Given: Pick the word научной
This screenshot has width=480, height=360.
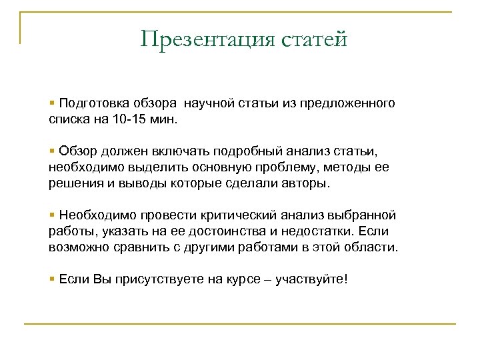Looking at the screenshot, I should (213, 103).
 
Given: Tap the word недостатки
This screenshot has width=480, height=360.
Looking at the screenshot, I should (319, 231).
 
